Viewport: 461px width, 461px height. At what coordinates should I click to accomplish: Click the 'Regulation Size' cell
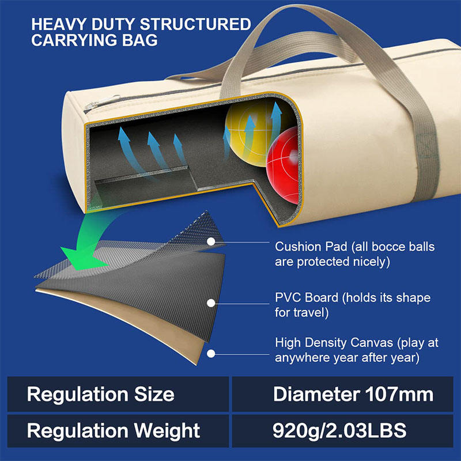click(x=101, y=394)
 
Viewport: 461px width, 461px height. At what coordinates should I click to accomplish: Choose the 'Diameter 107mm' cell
click(x=353, y=394)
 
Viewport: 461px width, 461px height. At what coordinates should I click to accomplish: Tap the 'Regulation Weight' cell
click(x=114, y=430)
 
